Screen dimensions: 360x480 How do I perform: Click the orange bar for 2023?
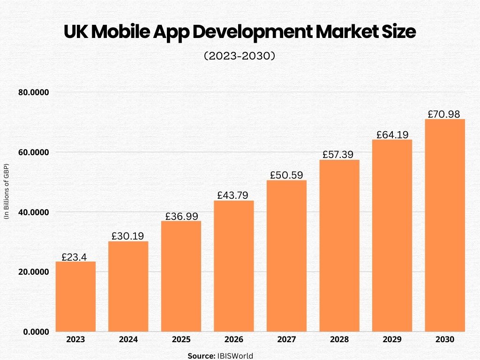[75, 297]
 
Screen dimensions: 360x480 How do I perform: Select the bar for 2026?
[234, 266]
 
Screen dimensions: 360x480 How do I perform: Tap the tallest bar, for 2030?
[445, 225]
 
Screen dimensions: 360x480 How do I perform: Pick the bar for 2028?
[339, 246]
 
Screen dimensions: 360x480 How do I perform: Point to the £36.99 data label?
[181, 216]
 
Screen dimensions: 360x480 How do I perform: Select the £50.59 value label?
[286, 175]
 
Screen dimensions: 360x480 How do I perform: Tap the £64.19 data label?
[392, 135]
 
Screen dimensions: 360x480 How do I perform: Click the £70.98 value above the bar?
[444, 114]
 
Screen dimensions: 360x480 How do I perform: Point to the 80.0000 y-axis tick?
[34, 93]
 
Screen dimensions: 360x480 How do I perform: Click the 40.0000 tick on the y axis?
[34, 212]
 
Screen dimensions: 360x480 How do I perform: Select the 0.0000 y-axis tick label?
[36, 332]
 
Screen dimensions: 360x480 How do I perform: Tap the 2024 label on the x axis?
[128, 339]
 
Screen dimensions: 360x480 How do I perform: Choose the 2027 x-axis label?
[286, 339]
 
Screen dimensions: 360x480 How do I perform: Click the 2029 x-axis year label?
[392, 339]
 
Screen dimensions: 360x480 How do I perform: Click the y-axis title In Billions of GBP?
[7, 192]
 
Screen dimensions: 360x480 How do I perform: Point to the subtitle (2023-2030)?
[240, 56]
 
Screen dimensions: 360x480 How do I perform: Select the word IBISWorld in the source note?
[234, 356]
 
